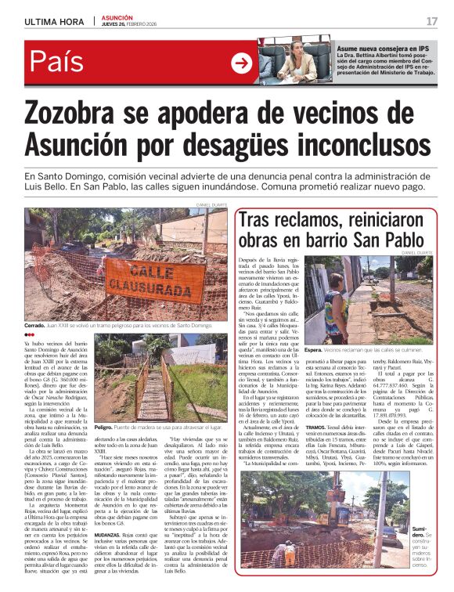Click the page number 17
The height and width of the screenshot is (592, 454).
pyautogui.click(x=431, y=20)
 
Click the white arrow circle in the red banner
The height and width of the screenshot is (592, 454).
pyautogui.click(x=242, y=63)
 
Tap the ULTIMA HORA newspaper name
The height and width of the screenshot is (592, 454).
pyautogui.click(x=54, y=21)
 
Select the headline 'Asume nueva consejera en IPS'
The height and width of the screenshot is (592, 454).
pyautogui.click(x=379, y=48)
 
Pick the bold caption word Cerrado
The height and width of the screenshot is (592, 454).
pyautogui.click(x=34, y=325)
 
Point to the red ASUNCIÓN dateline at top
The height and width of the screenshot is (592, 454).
pyautogui.click(x=117, y=17)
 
